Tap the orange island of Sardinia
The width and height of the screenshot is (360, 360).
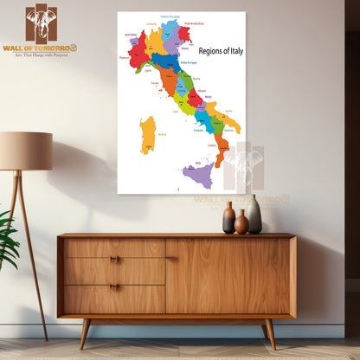tap(148, 135)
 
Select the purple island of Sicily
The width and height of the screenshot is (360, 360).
tap(198, 176)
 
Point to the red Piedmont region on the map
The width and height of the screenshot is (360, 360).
tap(137, 51)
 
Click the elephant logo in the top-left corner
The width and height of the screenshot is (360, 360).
tap(41, 23)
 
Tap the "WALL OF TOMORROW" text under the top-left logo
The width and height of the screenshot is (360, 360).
tap(40, 48)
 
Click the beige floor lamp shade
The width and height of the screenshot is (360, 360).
tap(25, 151)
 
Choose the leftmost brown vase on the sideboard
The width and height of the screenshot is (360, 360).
tap(228, 218)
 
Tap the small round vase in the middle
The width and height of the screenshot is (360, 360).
tap(241, 223)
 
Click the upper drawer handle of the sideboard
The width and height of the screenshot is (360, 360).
tap(114, 259)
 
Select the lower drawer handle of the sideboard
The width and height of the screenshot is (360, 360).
tap(114, 286)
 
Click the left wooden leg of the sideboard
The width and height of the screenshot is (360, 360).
tap(85, 332)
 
